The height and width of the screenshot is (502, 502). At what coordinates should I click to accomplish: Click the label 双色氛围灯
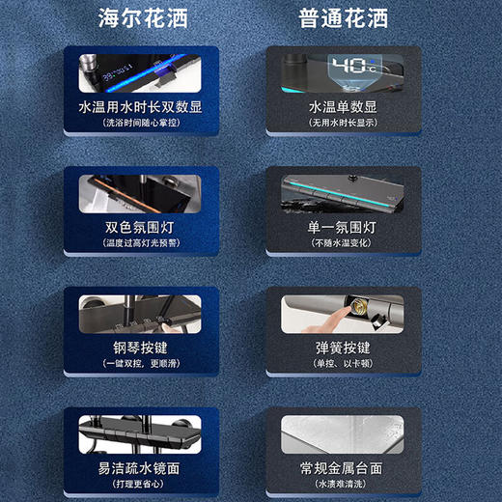click(143, 228)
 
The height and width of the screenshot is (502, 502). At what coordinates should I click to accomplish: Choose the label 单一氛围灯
click(343, 228)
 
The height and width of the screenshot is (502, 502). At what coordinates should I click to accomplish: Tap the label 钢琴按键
click(143, 348)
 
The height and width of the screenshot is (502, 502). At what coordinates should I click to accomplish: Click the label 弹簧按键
click(343, 348)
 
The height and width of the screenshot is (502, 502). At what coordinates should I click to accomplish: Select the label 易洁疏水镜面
click(143, 467)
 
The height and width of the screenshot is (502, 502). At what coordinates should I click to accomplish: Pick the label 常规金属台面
click(343, 467)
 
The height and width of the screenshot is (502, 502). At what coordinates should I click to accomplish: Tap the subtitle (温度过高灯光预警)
click(143, 243)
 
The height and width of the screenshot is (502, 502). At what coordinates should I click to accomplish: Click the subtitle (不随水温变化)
click(343, 243)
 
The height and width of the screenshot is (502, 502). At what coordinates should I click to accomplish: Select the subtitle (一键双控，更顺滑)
click(143, 363)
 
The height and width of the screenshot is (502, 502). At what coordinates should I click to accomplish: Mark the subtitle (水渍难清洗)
click(343, 483)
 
